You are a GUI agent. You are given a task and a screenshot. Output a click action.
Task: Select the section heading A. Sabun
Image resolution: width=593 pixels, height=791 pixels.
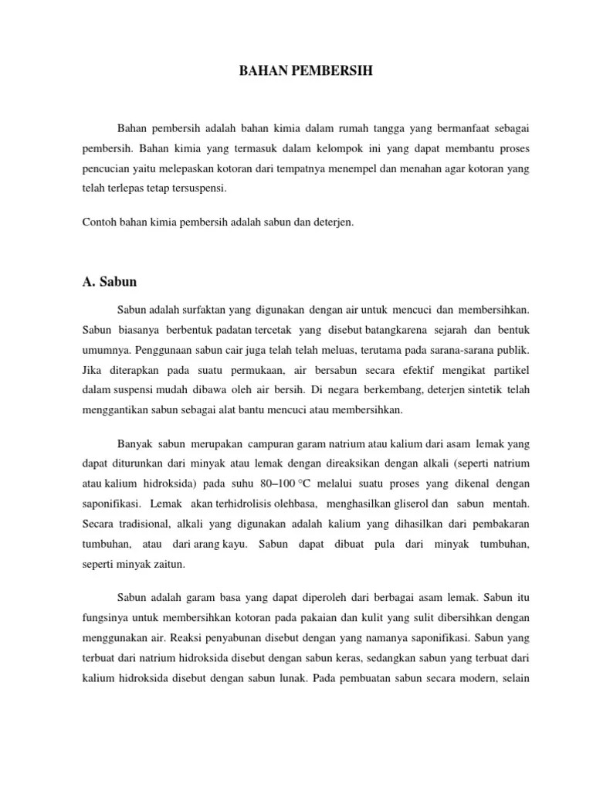(110, 281)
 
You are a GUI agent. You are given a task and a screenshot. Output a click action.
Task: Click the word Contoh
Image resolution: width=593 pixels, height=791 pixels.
(97, 222)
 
